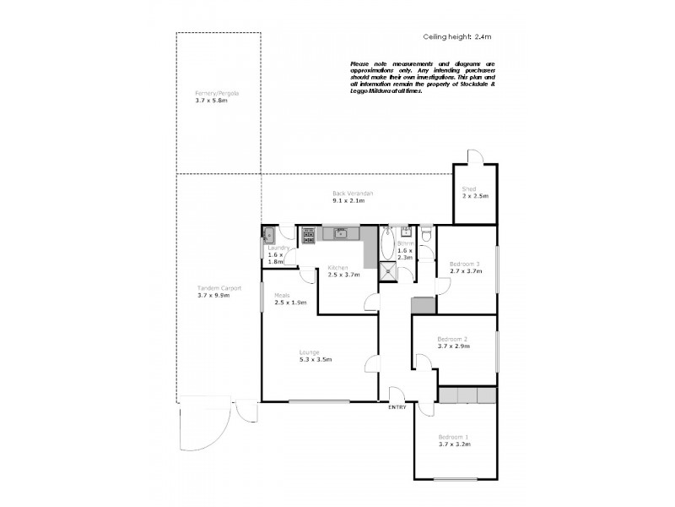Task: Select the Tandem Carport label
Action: [x=219, y=288]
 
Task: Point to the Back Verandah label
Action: [x=353, y=194]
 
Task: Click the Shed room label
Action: [x=469, y=189]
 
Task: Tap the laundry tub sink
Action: [x=268, y=236]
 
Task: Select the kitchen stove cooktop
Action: [x=309, y=234]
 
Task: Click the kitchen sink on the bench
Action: [x=340, y=233]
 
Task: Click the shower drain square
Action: [x=387, y=270]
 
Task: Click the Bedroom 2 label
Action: [x=453, y=340]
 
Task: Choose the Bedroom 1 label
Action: [x=453, y=437]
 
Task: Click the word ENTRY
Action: [x=397, y=407]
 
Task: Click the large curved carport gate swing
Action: [x=202, y=427]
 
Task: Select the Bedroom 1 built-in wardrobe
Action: [x=467, y=395]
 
